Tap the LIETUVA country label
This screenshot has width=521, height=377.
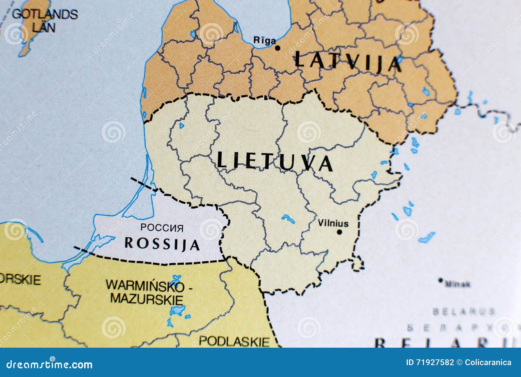click(x=275, y=161)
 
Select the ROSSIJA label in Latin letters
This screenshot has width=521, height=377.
click(x=162, y=243)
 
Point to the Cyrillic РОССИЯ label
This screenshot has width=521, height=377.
click(x=162, y=228)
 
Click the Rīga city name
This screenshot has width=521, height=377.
click(x=264, y=41)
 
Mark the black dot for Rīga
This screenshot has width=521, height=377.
click(x=277, y=48)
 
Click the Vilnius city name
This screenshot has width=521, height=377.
click(x=333, y=223)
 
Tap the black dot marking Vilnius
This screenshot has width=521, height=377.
click(x=340, y=232)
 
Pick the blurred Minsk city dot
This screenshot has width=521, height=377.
click(x=441, y=280)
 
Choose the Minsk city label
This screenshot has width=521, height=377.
click(x=458, y=284)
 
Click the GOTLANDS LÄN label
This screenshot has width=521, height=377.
click(x=45, y=20)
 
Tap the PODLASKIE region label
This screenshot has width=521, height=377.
click(x=234, y=341)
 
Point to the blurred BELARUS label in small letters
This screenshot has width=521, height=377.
click(x=464, y=312)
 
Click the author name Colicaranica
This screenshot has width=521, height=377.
click(x=488, y=362)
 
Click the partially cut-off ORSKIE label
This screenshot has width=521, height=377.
click(x=20, y=280)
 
